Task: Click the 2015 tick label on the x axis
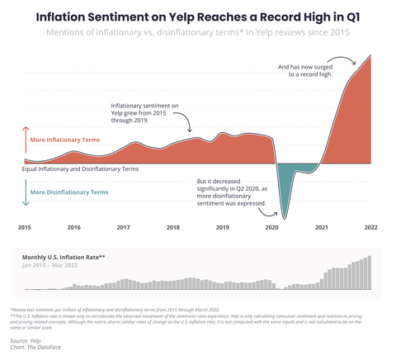25,227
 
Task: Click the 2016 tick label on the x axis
74,227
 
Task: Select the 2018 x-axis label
173,227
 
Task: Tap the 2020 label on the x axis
272,227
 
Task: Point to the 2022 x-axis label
370,227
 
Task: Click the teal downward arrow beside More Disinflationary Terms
25,192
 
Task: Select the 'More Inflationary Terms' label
64,140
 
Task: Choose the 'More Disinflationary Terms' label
68,192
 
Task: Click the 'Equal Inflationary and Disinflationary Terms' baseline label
80,168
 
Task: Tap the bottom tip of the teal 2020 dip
283,218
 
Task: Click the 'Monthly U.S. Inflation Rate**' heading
63,257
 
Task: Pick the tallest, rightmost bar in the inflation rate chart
370,273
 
